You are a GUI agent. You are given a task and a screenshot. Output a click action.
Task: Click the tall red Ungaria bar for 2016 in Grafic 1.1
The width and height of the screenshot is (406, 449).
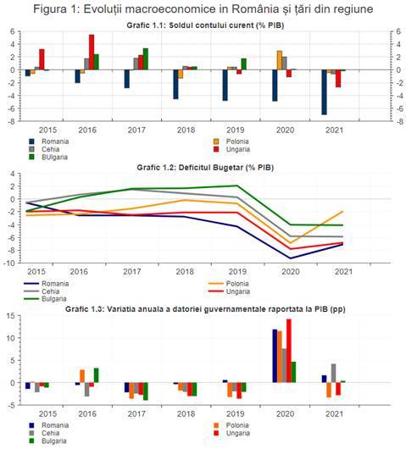click(92, 53)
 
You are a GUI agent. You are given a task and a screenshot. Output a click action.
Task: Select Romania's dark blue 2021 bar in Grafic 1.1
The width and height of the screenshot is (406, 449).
click(324, 92)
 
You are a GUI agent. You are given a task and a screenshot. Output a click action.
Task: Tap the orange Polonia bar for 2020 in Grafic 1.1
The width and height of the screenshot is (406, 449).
click(280, 60)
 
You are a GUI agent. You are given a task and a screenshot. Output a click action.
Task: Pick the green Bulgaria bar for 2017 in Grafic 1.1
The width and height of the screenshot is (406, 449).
click(146, 59)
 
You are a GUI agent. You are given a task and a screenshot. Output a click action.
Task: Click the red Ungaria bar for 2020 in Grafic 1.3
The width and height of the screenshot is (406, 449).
click(289, 351)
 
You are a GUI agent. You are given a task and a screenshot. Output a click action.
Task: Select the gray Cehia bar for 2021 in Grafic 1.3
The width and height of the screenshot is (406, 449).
click(333, 373)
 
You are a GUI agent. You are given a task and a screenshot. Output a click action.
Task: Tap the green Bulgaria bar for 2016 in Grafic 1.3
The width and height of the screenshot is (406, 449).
click(97, 375)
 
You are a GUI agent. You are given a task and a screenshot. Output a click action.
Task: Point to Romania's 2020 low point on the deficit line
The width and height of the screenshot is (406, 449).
click(291, 258)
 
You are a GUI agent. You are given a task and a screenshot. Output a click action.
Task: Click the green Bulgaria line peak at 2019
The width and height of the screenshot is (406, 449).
click(237, 186)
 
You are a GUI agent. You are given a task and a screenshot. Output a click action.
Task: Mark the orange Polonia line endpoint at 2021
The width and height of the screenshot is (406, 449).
click(342, 211)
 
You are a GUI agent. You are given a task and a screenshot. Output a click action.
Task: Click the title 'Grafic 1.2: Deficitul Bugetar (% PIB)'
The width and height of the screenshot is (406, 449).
click(205, 167)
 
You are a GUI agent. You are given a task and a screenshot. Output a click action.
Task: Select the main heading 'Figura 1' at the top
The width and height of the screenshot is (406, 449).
click(55, 8)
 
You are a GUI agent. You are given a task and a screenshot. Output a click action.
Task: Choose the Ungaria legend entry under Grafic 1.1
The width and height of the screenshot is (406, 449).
click(232, 149)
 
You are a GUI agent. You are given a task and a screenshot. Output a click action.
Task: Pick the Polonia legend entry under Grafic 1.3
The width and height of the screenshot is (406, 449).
click(231, 425)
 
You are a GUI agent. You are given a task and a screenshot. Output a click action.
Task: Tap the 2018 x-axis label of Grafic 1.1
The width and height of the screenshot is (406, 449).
click(186, 130)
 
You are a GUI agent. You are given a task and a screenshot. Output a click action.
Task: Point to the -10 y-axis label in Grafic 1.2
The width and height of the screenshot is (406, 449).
click(8, 263)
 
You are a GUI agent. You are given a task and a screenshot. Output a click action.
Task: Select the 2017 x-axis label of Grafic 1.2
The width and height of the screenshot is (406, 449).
click(131, 271)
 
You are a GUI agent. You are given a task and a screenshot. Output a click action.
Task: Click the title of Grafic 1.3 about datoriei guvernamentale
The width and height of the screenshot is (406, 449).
click(205, 309)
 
